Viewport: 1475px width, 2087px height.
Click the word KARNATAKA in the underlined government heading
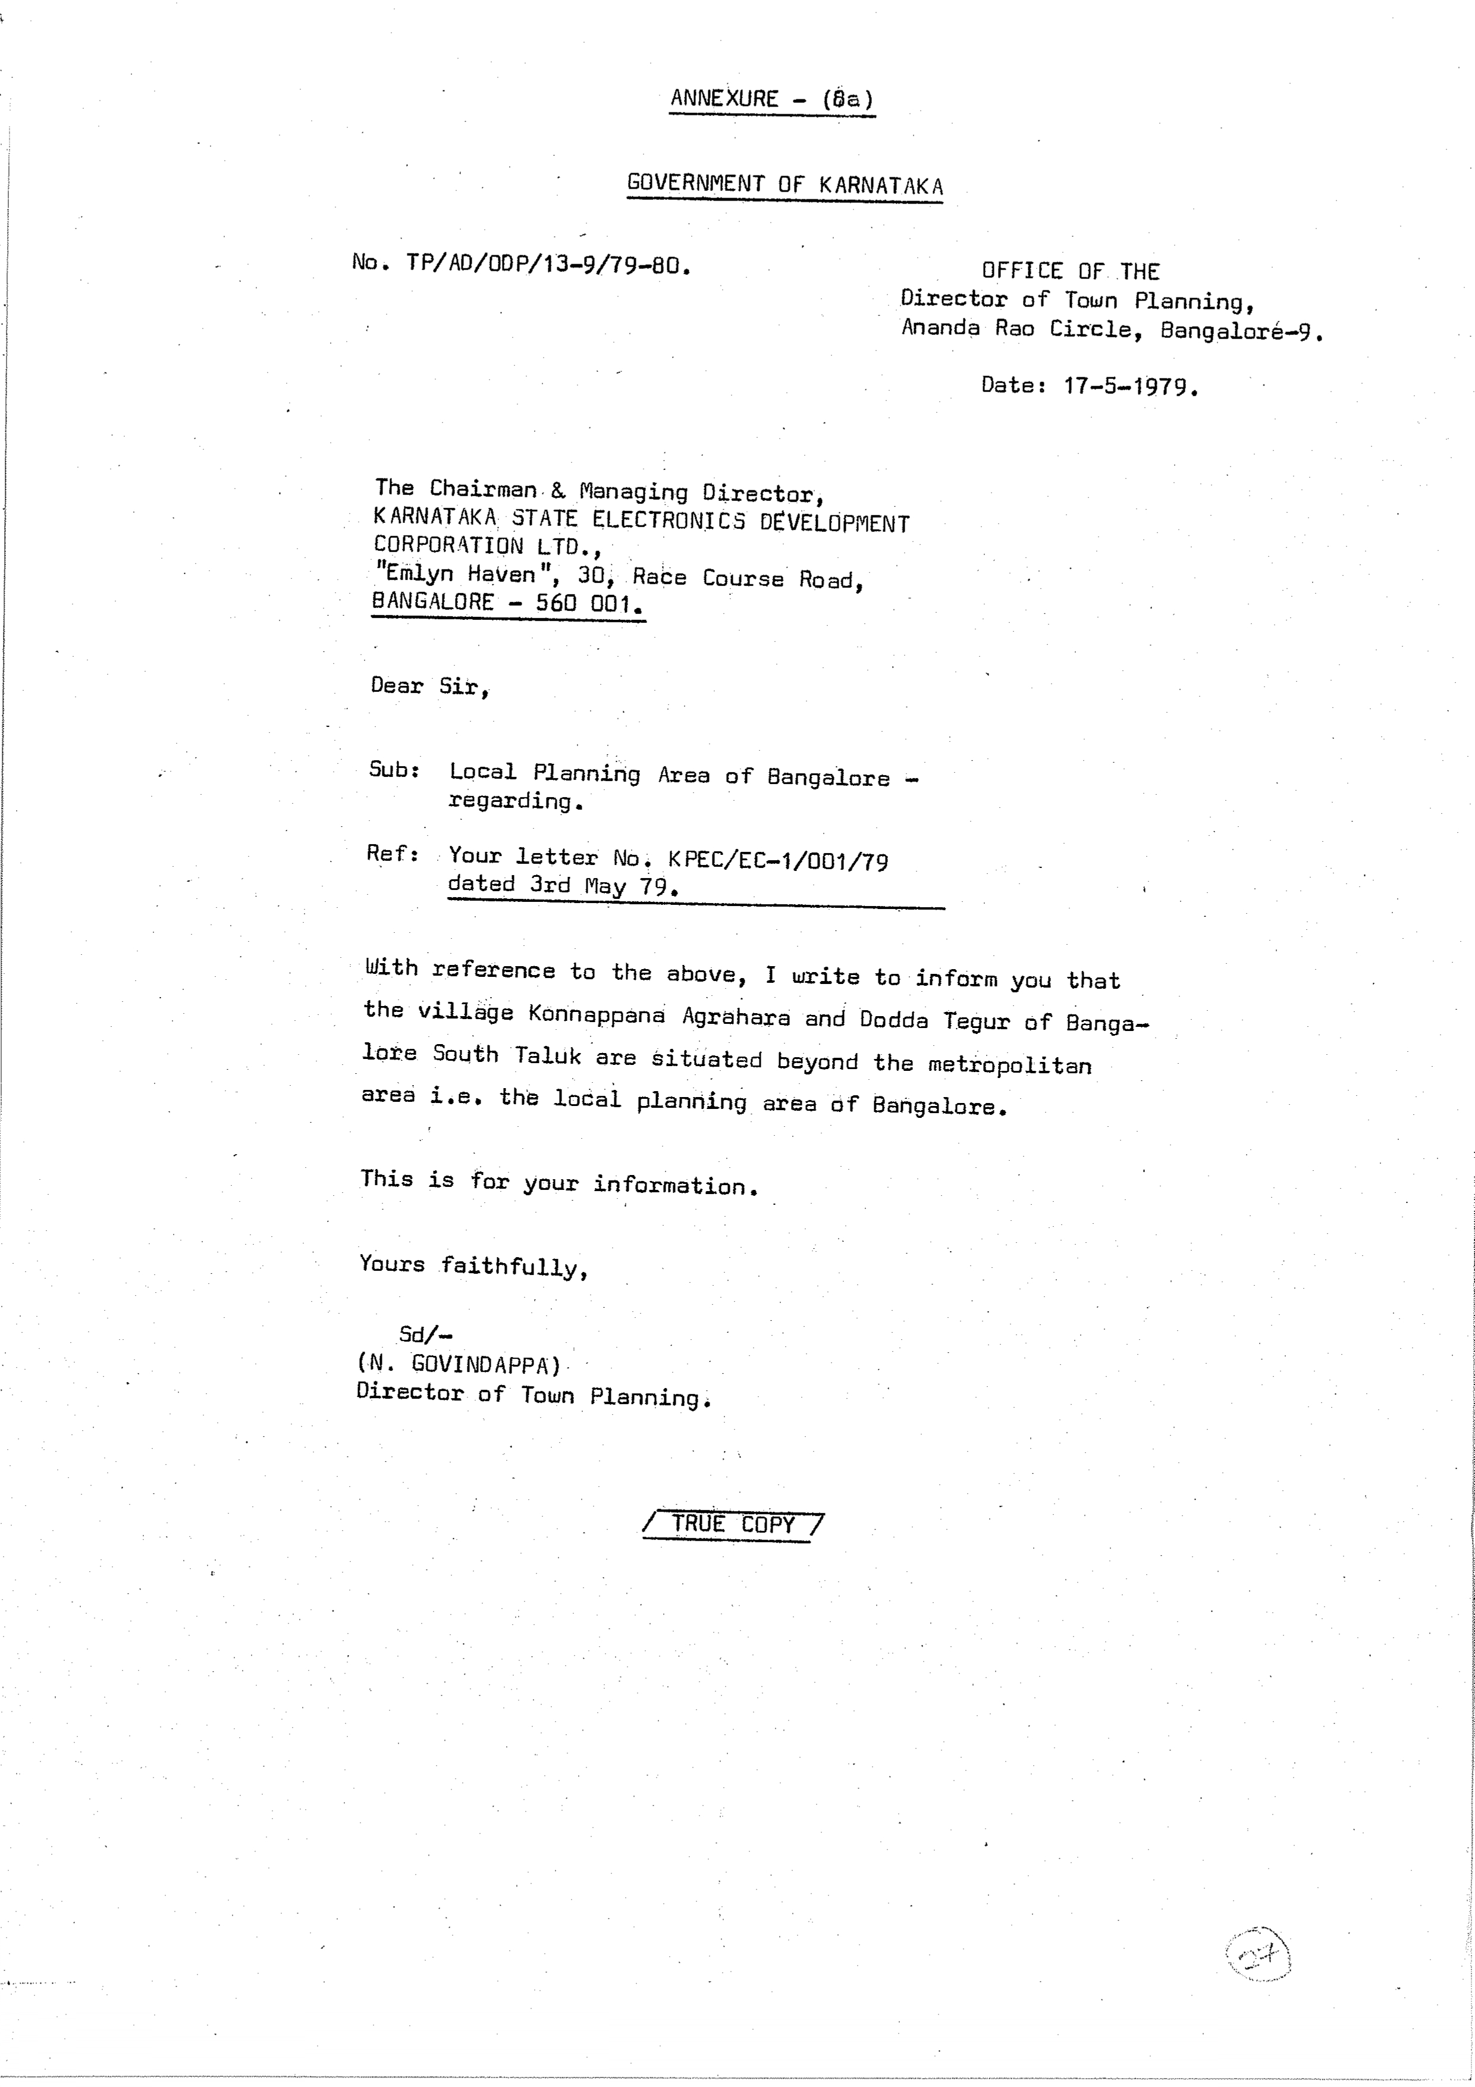pyautogui.click(x=881, y=186)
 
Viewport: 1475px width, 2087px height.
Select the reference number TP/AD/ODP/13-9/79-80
pyautogui.click(x=548, y=265)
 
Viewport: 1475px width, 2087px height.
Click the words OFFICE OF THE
pyautogui.click(x=1069, y=271)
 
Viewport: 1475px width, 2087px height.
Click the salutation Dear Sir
pyautogui.click(x=429, y=687)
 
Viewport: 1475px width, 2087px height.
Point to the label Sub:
pyautogui.click(x=394, y=770)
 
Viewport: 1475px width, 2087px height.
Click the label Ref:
pyautogui.click(x=393, y=854)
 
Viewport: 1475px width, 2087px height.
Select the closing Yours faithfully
pyautogui.click(x=473, y=1265)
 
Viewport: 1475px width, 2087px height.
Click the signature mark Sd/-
pyautogui.click(x=425, y=1334)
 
